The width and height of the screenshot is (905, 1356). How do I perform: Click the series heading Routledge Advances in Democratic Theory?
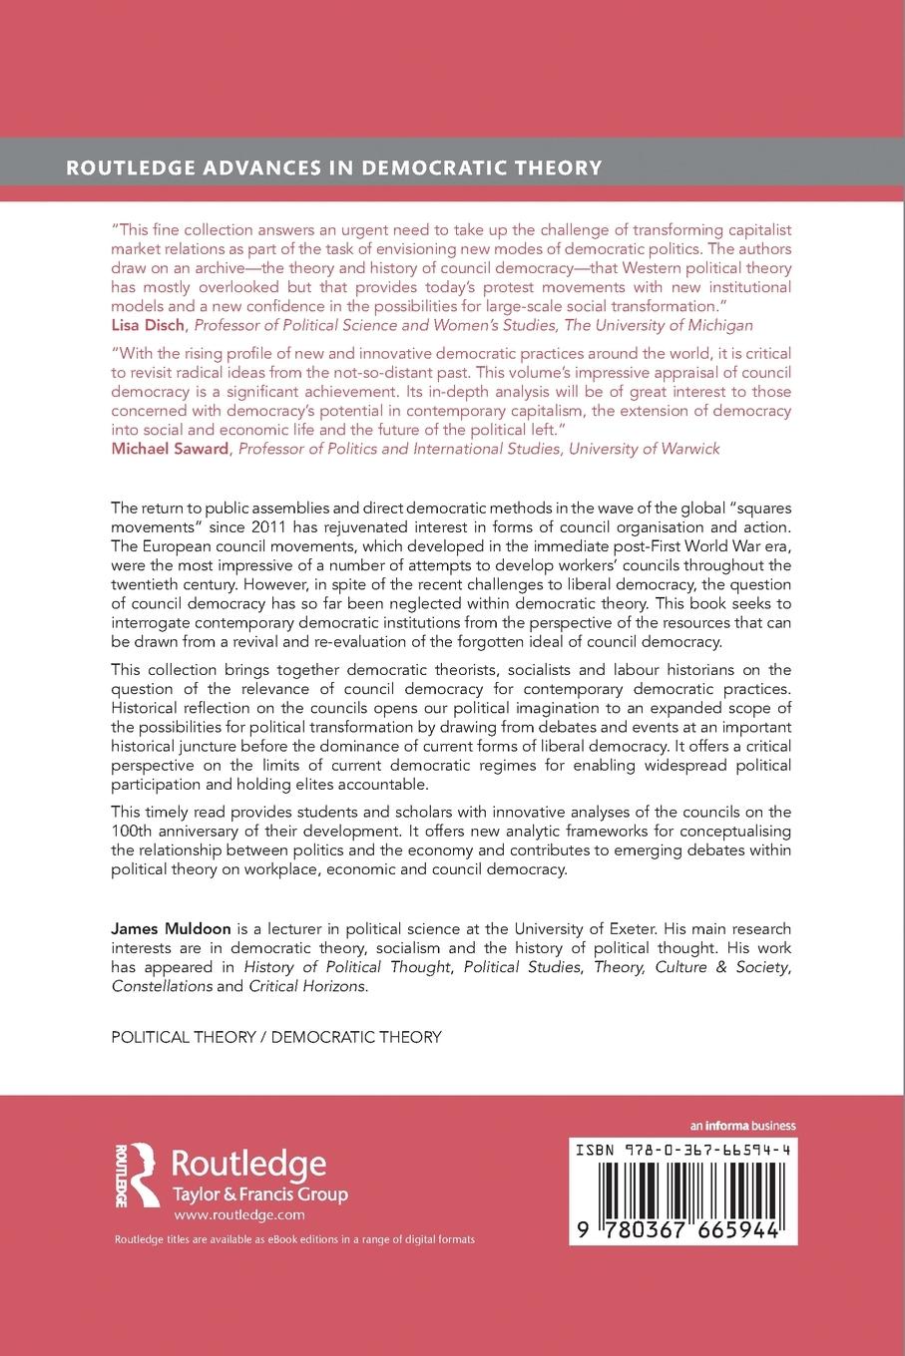pos(334,168)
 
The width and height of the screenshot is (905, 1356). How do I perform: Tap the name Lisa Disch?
pos(149,325)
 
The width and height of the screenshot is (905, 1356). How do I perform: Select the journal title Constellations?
pos(162,986)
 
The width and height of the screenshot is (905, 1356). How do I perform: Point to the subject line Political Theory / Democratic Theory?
pos(275,1037)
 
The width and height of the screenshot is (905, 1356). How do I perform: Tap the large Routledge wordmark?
pos(249,1163)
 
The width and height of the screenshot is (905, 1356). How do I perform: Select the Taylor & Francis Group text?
pos(260,1194)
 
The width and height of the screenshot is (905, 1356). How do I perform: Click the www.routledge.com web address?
pos(238,1215)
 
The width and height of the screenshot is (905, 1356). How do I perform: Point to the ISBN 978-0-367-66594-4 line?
pos(683,1150)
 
